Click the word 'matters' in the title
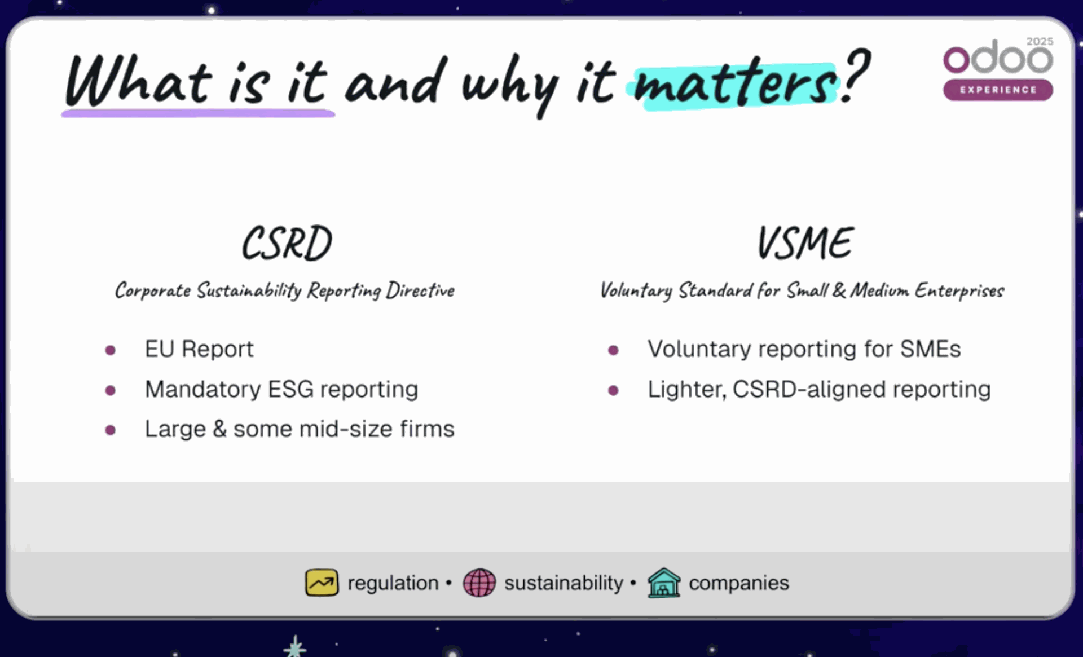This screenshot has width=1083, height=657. coord(734,85)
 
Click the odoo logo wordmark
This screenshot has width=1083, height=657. coord(997,58)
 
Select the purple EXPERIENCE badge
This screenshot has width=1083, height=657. coord(997,90)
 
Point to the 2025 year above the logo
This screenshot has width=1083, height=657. coord(1040,41)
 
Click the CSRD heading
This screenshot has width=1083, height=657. coord(287,243)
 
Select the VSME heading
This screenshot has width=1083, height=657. coord(805,243)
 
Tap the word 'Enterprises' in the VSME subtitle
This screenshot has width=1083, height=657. coord(959,290)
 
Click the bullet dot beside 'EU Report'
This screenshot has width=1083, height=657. coord(111,350)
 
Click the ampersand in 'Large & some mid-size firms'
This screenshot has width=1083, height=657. coord(219,429)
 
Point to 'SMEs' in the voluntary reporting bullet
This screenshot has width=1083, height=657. coord(930,349)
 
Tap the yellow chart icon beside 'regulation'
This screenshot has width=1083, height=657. coord(322,583)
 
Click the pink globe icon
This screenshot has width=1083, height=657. coord(479,583)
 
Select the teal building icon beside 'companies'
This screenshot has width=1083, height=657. coord(664,583)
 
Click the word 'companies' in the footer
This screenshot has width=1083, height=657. coord(738,583)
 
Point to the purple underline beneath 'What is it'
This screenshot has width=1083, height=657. coord(197,114)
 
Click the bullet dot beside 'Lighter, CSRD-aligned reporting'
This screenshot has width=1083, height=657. coord(613,390)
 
